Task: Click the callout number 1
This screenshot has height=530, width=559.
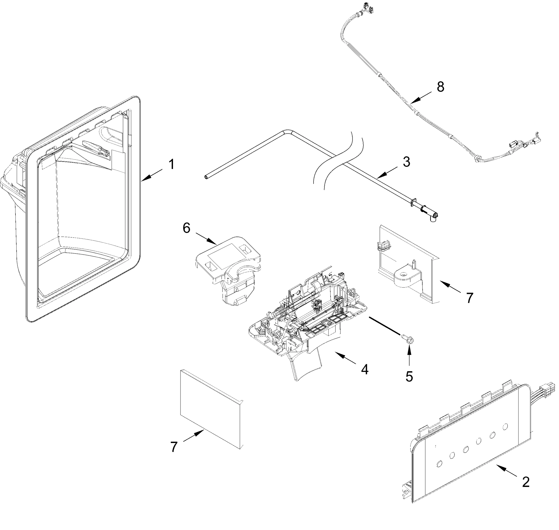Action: point(171,165)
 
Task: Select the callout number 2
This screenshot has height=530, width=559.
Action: point(526,482)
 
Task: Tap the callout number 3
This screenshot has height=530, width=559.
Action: point(406,162)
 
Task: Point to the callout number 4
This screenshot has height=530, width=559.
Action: point(365,369)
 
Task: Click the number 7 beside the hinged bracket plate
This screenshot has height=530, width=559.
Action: point(470,298)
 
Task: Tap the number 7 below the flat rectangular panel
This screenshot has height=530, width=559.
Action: point(174,447)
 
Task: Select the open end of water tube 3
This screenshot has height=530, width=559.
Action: point(206,177)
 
